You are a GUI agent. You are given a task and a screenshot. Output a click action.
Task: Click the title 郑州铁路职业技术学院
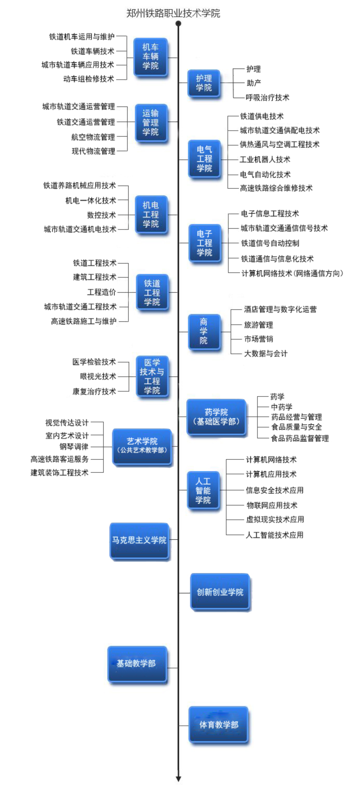tap(173, 13)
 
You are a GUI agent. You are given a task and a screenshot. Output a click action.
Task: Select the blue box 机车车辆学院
tap(151, 57)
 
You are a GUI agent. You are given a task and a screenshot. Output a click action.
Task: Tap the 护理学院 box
tap(204, 83)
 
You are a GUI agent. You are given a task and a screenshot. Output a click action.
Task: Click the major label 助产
tap(254, 83)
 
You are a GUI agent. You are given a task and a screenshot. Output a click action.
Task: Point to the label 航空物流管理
tap(93, 137)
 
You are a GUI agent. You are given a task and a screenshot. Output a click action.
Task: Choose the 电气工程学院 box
tap(204, 159)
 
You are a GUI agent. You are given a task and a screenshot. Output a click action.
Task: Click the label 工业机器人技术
tap(265, 160)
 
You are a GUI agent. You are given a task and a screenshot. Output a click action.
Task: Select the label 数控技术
tap(101, 215)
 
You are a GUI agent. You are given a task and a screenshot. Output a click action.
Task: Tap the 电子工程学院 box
tap(204, 243)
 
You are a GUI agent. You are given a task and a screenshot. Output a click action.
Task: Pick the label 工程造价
tap(101, 292)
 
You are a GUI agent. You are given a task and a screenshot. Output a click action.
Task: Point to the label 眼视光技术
tap(98, 376)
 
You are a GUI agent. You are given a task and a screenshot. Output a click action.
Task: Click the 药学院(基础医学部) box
tap(216, 417)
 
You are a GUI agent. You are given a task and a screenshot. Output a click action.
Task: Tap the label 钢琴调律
tap(74, 447)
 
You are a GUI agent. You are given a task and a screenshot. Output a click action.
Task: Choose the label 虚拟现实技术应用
tap(275, 519)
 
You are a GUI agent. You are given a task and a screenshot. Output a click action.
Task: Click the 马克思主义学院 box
tap(139, 540)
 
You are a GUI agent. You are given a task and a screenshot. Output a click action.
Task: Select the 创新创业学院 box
tap(220, 592)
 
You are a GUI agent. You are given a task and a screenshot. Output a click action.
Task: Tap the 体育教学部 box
tap(218, 725)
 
